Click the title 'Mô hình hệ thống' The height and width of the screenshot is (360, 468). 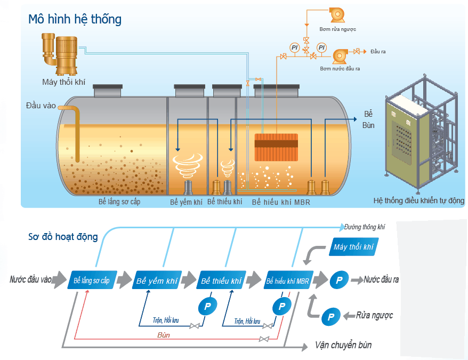pyautogui.click(x=75, y=19)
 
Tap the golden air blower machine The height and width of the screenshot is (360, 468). pyautogui.click(x=60, y=54)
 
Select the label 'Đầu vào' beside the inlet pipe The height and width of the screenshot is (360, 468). pyautogui.click(x=41, y=106)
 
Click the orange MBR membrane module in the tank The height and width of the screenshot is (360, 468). pyautogui.click(x=276, y=147)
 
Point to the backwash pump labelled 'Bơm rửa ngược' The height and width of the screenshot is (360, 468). pyautogui.click(x=337, y=14)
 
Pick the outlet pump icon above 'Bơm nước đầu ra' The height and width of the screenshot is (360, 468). pyautogui.click(x=340, y=56)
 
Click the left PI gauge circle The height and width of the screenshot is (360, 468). pyautogui.click(x=295, y=47)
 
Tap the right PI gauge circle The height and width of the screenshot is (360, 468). pyautogui.click(x=321, y=47)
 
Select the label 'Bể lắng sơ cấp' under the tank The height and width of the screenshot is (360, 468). pyautogui.click(x=119, y=202)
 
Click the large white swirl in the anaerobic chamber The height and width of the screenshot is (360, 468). pyautogui.click(x=188, y=166)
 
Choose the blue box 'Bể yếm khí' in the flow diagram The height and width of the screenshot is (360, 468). pyautogui.click(x=157, y=280)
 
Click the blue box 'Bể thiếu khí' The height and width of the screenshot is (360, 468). pyautogui.click(x=221, y=280)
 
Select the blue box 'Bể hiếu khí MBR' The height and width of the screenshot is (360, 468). pyautogui.click(x=288, y=280)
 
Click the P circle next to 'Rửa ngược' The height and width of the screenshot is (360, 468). pyautogui.click(x=330, y=317)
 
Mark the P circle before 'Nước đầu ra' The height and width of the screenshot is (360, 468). pyautogui.click(x=339, y=280)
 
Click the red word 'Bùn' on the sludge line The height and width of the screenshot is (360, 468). pyautogui.click(x=163, y=335)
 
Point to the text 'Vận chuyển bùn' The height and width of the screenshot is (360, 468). pyautogui.click(x=343, y=346)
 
